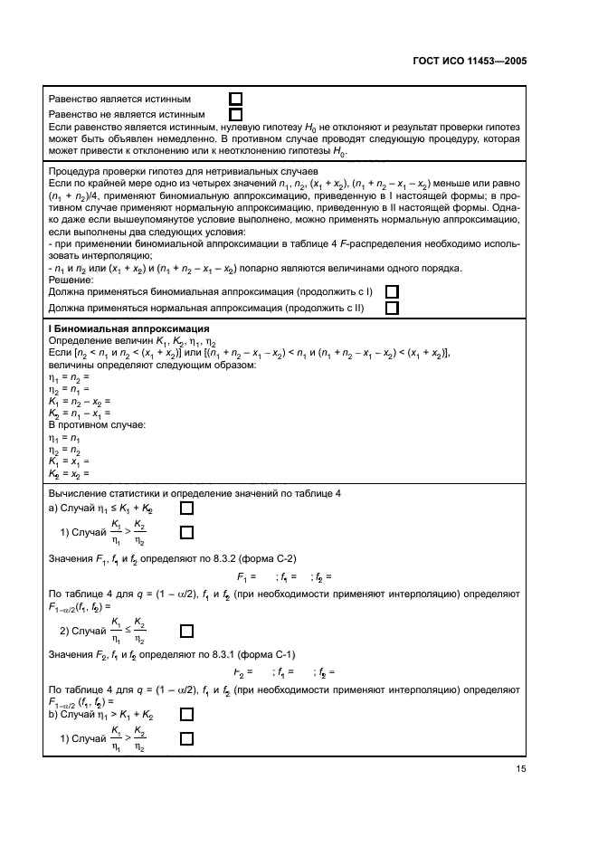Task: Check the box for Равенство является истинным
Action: [x=236, y=99]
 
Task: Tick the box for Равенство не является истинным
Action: [x=236, y=114]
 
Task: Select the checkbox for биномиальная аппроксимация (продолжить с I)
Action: [x=392, y=292]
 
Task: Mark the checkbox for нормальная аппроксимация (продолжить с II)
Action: [x=392, y=308]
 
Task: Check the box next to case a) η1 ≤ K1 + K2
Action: [x=186, y=509]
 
